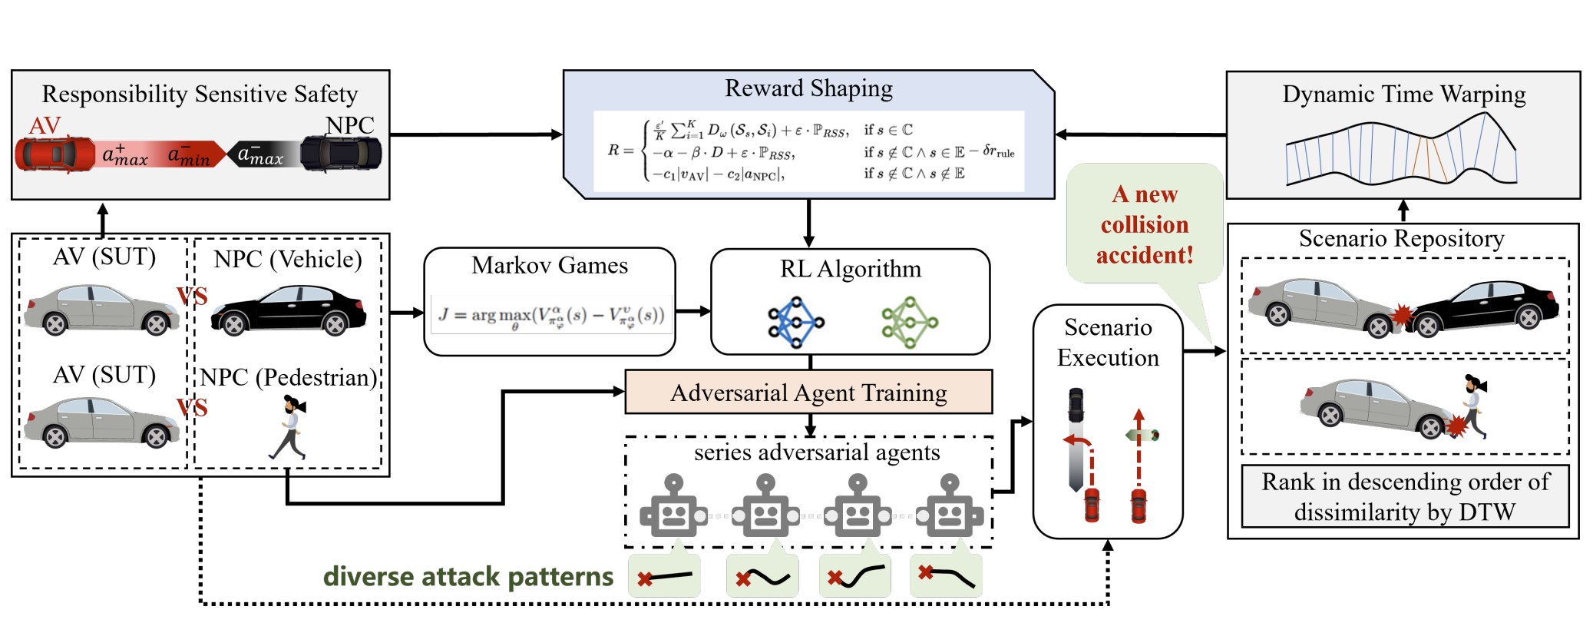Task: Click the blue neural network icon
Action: tap(795, 323)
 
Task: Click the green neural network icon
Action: tap(910, 323)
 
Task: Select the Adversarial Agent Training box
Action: tap(808, 393)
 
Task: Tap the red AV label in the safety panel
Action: tap(45, 125)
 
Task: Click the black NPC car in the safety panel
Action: tap(340, 153)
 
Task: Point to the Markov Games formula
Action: tap(550, 314)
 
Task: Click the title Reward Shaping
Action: tap(808, 89)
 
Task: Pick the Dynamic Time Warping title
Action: tap(1403, 94)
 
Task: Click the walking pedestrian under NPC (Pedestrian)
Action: tap(290, 427)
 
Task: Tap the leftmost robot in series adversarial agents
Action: tap(673, 507)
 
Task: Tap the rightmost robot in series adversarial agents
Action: tap(950, 507)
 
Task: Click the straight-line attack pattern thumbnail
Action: tap(665, 576)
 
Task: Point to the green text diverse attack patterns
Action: tap(468, 576)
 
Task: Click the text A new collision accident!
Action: tap(1144, 224)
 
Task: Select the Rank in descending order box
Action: tap(1405, 496)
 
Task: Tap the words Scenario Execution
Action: tap(1108, 343)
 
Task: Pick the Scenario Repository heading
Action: tap(1401, 239)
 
